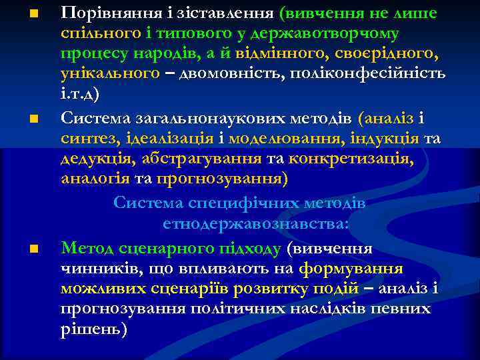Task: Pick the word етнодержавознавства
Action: (x=255, y=223)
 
